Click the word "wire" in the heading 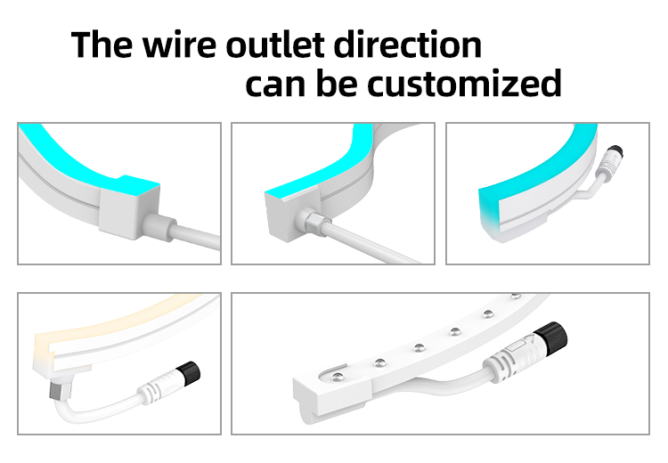click(x=179, y=45)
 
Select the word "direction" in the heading click(x=408, y=45)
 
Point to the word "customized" click(x=464, y=83)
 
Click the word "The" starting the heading click(x=102, y=45)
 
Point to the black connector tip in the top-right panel click(x=615, y=151)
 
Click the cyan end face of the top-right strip click(x=488, y=207)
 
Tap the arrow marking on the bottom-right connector click(x=529, y=341)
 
